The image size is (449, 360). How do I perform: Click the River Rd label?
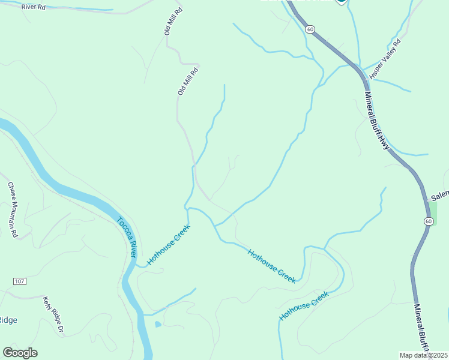pos(33,7)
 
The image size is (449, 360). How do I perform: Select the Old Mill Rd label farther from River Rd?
pos(187,82)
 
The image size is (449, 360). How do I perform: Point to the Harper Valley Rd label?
pos(385,58)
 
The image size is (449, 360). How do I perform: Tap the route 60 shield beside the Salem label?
pos(428,221)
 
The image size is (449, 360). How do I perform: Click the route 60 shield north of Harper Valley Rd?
pos(310,29)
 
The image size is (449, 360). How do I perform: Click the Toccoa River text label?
pos(127,237)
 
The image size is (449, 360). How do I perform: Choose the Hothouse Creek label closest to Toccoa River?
pos(169,245)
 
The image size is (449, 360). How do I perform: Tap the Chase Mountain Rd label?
pos(13,209)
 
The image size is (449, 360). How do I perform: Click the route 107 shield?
pos(20,281)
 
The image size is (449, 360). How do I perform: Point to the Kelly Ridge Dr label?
pos(53,314)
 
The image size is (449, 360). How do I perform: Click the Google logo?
pos(20,353)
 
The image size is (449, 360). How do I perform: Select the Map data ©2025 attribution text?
pos(424,355)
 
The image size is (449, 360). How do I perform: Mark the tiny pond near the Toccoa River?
pos(157,325)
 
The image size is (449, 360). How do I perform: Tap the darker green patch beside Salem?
pos(432,212)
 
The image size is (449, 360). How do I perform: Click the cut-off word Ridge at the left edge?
pos(8,320)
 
